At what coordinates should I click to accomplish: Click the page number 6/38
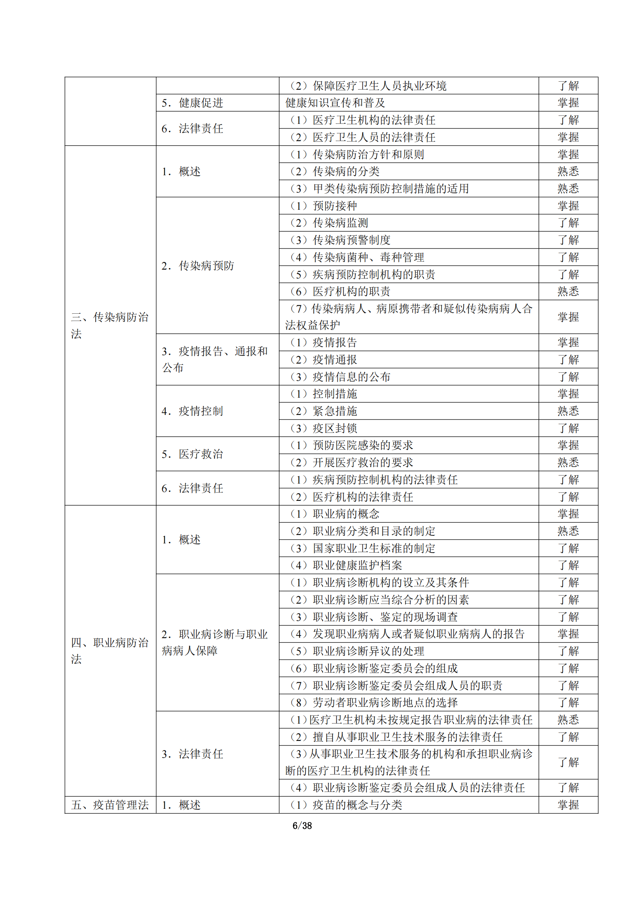coord(302,826)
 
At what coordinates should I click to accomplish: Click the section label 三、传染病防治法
coord(110,325)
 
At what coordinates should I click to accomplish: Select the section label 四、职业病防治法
coord(110,650)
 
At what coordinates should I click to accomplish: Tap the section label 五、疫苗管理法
coord(110,805)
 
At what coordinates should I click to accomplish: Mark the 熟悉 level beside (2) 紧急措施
coord(568,411)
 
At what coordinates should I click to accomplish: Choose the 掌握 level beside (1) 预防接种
coord(568,206)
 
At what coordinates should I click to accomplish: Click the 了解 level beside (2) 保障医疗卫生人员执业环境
coord(568,86)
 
